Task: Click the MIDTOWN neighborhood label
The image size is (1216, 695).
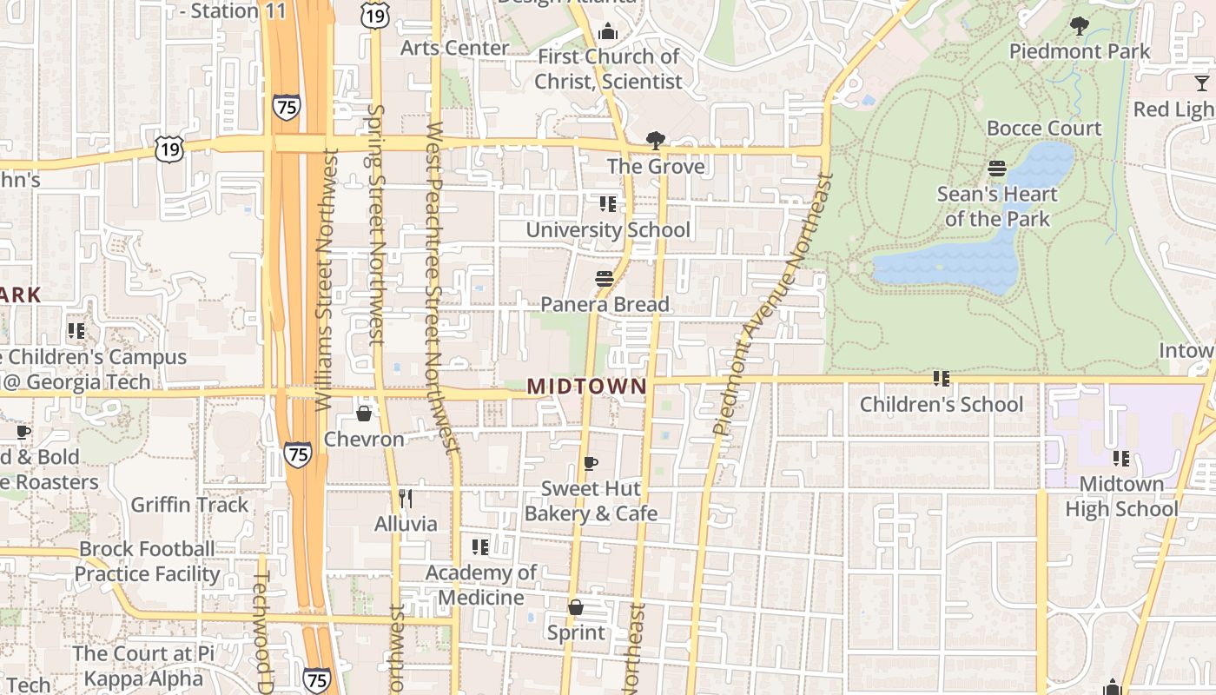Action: pyautogui.click(x=587, y=386)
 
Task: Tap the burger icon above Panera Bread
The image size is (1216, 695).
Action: pyautogui.click(x=605, y=279)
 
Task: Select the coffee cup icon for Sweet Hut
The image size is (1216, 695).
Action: pyautogui.click(x=591, y=463)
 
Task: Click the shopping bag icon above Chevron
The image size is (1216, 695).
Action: pyautogui.click(x=364, y=413)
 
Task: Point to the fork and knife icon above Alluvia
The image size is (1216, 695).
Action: pyautogui.click(x=405, y=498)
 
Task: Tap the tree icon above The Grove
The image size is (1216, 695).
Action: pyautogui.click(x=655, y=140)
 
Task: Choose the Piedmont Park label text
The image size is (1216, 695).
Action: pyautogui.click(x=1079, y=51)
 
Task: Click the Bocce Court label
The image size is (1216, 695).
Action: pyautogui.click(x=1043, y=129)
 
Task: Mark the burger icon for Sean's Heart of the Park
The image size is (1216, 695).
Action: pyautogui.click(x=997, y=168)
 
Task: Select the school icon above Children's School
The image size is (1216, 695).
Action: pyautogui.click(x=941, y=379)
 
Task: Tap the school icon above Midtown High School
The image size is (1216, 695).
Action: pyautogui.click(x=1121, y=458)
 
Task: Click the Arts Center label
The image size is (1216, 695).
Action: pyautogui.click(x=454, y=48)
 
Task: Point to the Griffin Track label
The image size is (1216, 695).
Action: pyautogui.click(x=189, y=505)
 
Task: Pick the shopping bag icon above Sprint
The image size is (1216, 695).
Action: pyautogui.click(x=575, y=606)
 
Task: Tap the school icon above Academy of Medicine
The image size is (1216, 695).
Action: pyautogui.click(x=479, y=546)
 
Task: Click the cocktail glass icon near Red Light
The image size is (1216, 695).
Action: pyautogui.click(x=1202, y=83)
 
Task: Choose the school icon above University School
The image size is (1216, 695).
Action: pyautogui.click(x=608, y=204)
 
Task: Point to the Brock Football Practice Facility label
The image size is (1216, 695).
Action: pyautogui.click(x=148, y=561)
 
